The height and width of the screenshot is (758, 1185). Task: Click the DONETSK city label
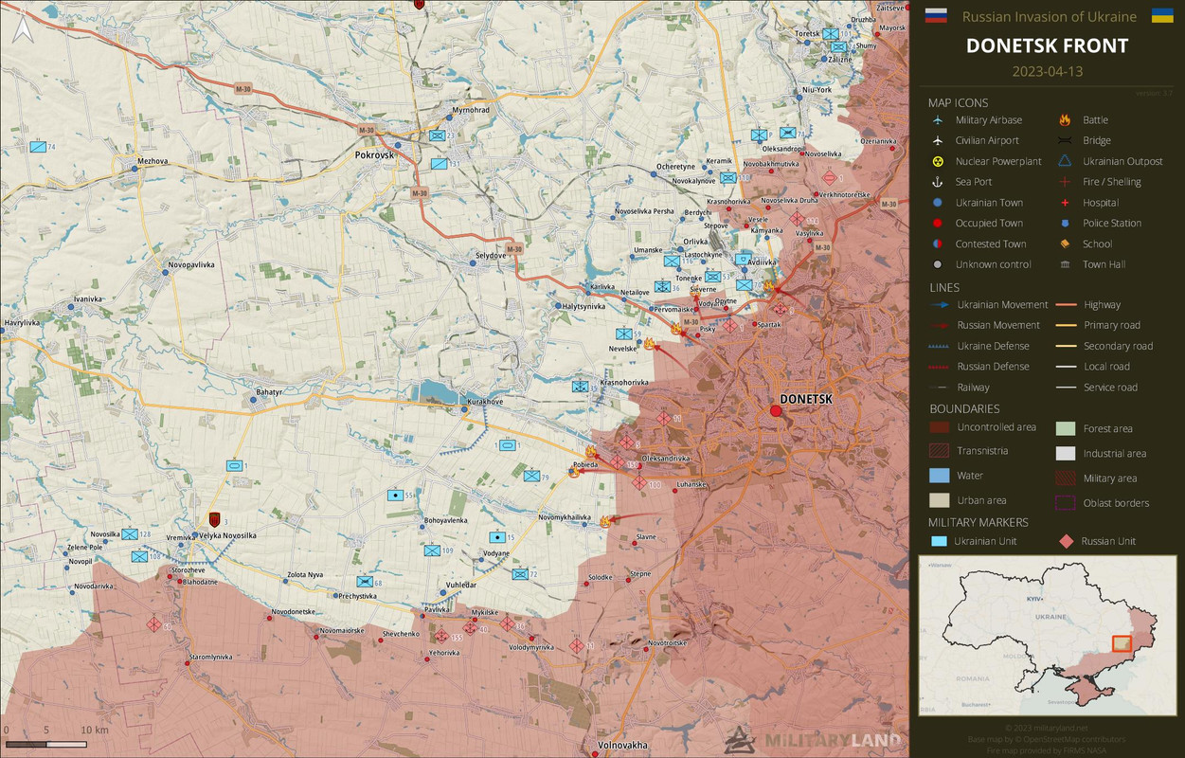[x=805, y=399]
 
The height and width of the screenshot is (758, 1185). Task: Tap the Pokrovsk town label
[x=374, y=154]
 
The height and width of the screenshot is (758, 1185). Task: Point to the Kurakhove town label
[x=485, y=402]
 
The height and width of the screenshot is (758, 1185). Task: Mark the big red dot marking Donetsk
[x=776, y=410]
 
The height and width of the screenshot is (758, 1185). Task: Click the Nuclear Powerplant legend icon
[x=938, y=162]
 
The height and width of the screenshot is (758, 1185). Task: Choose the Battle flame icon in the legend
[x=1065, y=120]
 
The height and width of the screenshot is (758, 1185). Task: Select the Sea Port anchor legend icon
[x=938, y=182]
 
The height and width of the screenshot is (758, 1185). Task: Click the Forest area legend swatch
[x=1066, y=428]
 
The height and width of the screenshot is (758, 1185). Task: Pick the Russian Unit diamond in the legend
[x=1066, y=541]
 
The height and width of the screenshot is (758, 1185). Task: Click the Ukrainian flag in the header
[x=1162, y=15]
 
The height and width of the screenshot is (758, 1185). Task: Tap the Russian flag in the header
[x=935, y=15]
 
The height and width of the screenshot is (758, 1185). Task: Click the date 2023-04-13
[x=1047, y=71]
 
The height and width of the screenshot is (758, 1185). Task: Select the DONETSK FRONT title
[x=1047, y=45]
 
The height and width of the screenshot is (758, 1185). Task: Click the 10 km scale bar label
[x=94, y=731]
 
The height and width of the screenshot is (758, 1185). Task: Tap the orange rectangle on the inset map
[x=1122, y=643]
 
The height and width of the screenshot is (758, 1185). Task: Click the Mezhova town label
[x=152, y=161]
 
